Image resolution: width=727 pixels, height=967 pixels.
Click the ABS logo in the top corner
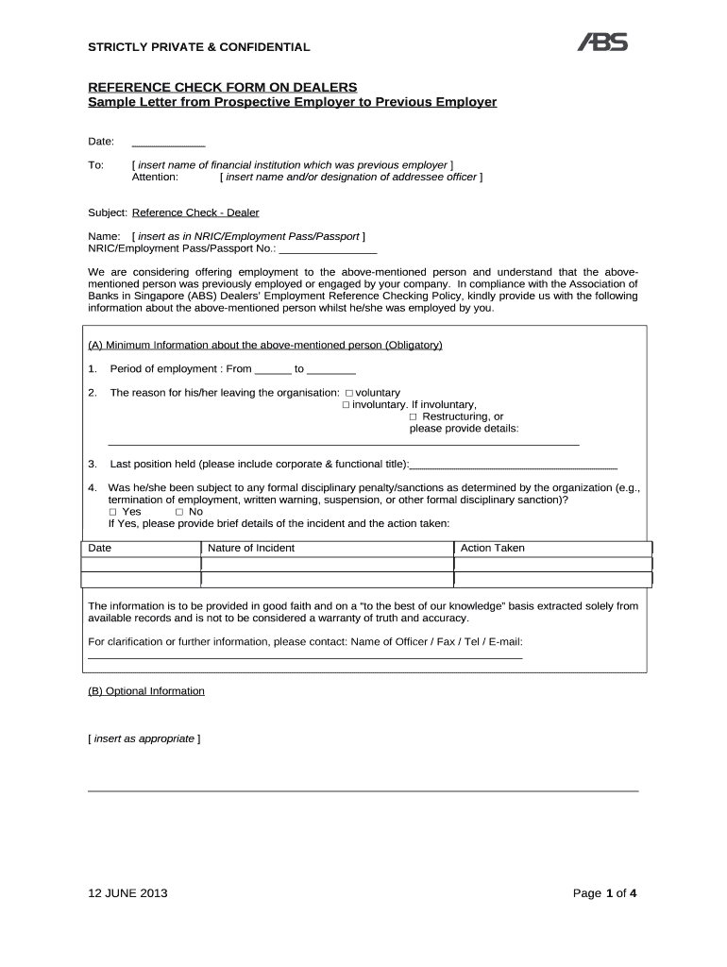tap(601, 42)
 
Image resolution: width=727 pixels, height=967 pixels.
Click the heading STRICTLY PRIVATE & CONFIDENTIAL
tap(198, 47)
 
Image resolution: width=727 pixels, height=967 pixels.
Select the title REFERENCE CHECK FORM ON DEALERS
tap(223, 88)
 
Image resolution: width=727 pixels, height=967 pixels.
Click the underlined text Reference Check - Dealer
tap(195, 212)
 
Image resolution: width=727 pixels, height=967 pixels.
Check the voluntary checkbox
tap(349, 393)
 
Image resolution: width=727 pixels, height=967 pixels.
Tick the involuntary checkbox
tap(346, 405)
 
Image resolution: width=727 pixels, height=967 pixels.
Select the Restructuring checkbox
tap(414, 417)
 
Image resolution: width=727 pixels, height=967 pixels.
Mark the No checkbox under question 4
tap(179, 512)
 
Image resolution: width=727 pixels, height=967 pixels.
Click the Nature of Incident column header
tap(251, 548)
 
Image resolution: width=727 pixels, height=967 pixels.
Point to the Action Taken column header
tap(492, 548)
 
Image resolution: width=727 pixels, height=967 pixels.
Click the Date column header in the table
tap(99, 548)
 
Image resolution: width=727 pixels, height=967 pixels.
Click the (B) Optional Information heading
tap(146, 691)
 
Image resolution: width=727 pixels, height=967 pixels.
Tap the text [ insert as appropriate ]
tap(144, 738)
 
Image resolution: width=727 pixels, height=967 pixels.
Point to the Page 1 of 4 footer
tap(604, 893)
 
